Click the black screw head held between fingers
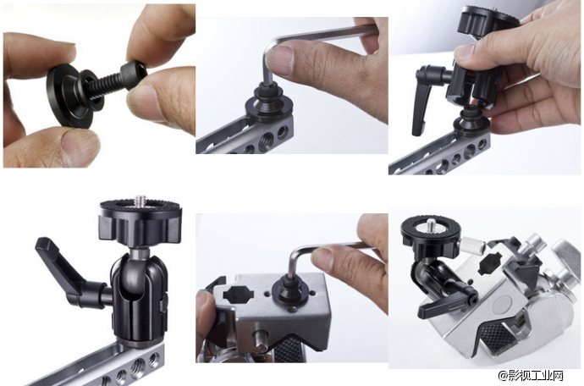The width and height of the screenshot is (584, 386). (x=132, y=75)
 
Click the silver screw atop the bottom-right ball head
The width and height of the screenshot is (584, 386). (x=432, y=224)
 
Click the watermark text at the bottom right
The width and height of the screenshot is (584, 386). (x=532, y=376)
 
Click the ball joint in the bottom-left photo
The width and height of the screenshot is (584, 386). (x=139, y=274)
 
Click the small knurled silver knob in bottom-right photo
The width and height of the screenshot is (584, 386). (x=473, y=245)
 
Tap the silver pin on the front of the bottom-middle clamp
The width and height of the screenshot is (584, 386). (x=261, y=339)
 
